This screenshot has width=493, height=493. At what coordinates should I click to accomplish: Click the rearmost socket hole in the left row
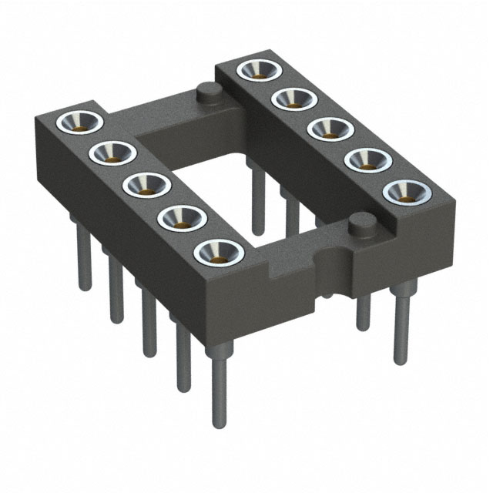pos(80,122)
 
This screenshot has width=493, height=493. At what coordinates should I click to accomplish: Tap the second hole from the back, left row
pos(112,153)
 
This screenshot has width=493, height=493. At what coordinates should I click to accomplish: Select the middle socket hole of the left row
pos(146,185)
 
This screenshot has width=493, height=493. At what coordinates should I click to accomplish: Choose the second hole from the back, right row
pos(293,99)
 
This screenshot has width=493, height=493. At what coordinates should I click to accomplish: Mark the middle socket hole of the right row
pos(330,129)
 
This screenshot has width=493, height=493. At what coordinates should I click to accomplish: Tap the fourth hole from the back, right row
pos(367,159)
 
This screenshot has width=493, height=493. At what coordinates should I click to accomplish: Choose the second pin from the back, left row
pos(116,293)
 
